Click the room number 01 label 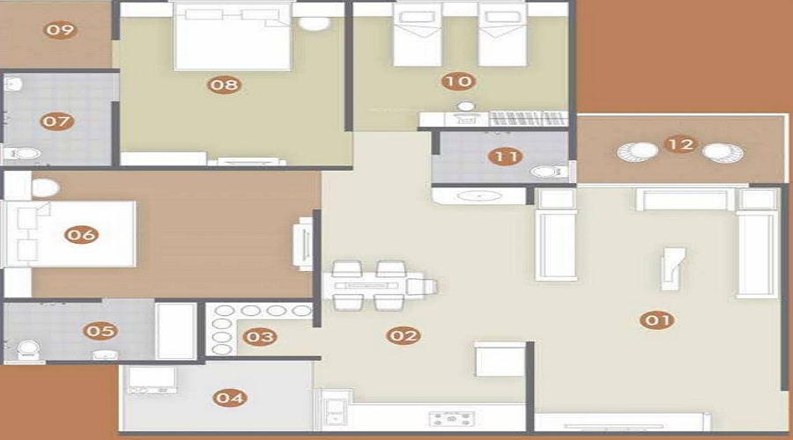pyautogui.click(x=657, y=319)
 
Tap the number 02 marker pyautogui.click(x=403, y=335)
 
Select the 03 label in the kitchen pyautogui.click(x=260, y=337)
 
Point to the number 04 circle pyautogui.click(x=230, y=398)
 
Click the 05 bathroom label pyautogui.click(x=100, y=331)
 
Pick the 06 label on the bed pyautogui.click(x=81, y=234)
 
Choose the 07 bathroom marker pyautogui.click(x=56, y=121)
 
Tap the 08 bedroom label pyautogui.click(x=224, y=84)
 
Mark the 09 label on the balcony pyautogui.click(x=60, y=30)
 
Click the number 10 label pyautogui.click(x=458, y=81)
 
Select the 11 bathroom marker pyautogui.click(x=505, y=157)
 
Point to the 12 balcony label pyautogui.click(x=681, y=145)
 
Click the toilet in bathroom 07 pyautogui.click(x=22, y=154)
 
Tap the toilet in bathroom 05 pyautogui.click(x=27, y=349)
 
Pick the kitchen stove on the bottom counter pyautogui.click(x=452, y=419)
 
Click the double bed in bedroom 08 pyautogui.click(x=233, y=36)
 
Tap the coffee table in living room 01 pyautogui.click(x=672, y=268)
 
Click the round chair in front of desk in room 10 pyautogui.click(x=465, y=106)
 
